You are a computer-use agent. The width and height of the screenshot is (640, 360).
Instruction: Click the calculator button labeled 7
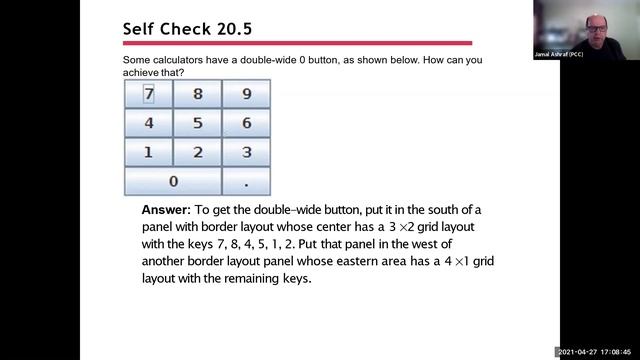click(148, 94)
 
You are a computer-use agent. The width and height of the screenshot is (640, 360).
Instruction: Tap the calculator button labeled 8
click(197, 94)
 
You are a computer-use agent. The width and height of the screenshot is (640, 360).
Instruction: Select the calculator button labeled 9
click(246, 94)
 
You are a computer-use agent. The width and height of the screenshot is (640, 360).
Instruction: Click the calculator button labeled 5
click(197, 123)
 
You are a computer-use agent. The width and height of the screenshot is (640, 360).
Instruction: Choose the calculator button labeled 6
click(246, 123)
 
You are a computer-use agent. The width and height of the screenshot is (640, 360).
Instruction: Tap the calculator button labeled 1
click(148, 152)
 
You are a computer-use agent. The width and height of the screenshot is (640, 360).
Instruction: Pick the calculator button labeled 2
click(197, 152)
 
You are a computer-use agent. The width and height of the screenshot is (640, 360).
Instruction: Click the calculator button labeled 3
click(246, 152)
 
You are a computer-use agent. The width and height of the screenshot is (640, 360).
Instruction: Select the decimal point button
click(246, 182)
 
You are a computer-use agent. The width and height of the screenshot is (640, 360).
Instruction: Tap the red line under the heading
click(296, 43)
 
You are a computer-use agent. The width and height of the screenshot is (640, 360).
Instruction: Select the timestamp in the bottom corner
click(596, 352)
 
